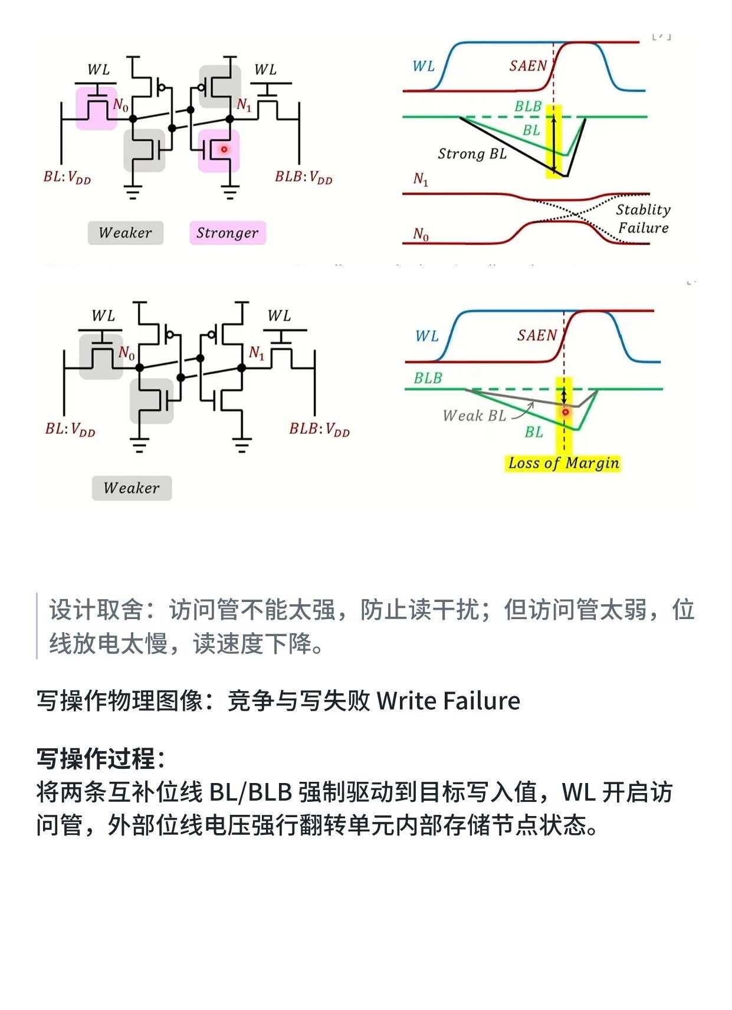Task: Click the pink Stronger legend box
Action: [x=228, y=233]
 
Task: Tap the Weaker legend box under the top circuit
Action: [x=126, y=233]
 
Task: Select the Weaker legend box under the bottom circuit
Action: [x=132, y=488]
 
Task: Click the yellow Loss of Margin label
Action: [x=563, y=463]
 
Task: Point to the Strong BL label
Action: [x=472, y=154]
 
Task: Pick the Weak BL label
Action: [x=474, y=416]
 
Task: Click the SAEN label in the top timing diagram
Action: [x=528, y=66]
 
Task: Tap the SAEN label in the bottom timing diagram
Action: [x=537, y=335]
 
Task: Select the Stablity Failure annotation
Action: [x=643, y=219]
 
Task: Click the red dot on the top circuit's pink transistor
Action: [x=224, y=149]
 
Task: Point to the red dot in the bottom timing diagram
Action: [x=566, y=412]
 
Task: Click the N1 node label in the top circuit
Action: [x=244, y=105]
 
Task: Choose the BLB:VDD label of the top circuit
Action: [x=304, y=177]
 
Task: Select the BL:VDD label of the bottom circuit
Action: [x=70, y=429]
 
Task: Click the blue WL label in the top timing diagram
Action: [x=424, y=66]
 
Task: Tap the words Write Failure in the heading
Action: [x=448, y=701]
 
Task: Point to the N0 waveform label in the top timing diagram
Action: [x=421, y=235]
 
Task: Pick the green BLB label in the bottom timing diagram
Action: [x=428, y=378]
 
